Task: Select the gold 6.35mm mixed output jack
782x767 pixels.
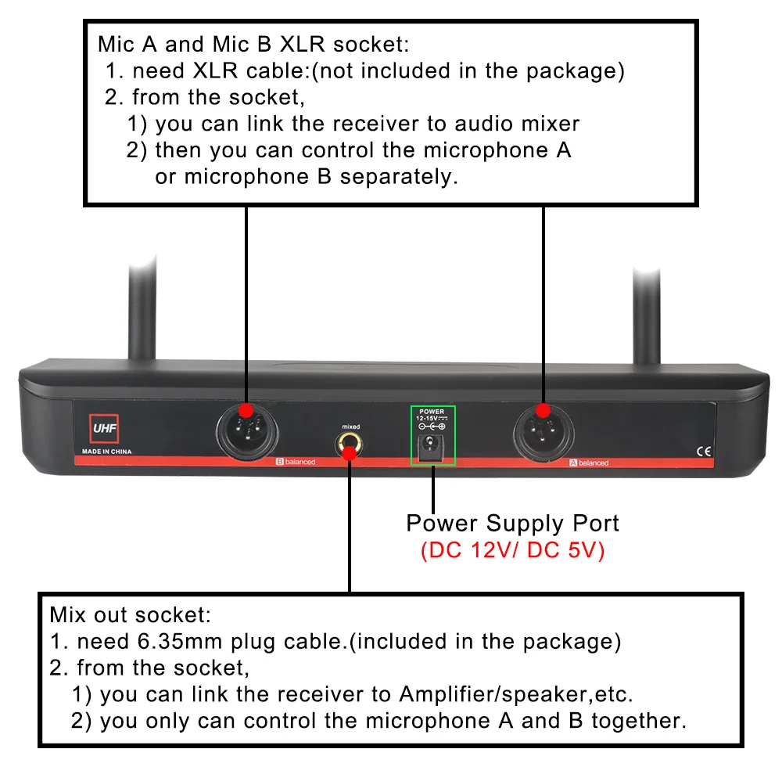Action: (350, 447)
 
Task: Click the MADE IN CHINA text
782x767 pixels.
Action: (107, 452)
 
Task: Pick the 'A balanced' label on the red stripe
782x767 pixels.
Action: (588, 463)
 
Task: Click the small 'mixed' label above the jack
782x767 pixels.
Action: (350, 427)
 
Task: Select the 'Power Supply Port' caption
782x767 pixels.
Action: (512, 523)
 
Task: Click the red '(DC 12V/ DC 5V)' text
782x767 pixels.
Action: (512, 550)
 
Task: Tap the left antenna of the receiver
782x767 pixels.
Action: (145, 313)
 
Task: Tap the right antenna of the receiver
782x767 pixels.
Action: (647, 313)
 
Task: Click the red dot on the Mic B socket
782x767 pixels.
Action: (246, 410)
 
